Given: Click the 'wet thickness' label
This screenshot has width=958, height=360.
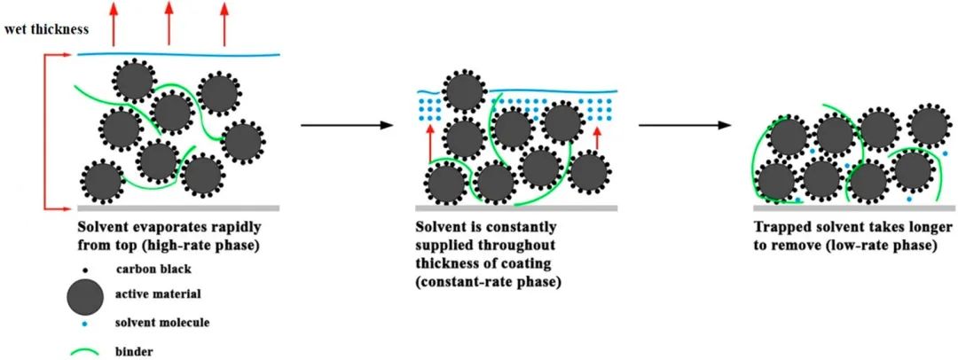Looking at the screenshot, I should pos(45,29).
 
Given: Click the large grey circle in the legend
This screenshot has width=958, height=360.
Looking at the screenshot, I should pos(83,295).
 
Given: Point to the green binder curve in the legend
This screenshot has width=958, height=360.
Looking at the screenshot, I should pos(83,351).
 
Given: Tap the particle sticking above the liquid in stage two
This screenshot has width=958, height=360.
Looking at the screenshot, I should pos(462,92).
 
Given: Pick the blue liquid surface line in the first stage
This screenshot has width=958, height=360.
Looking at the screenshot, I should pos(177,55).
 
